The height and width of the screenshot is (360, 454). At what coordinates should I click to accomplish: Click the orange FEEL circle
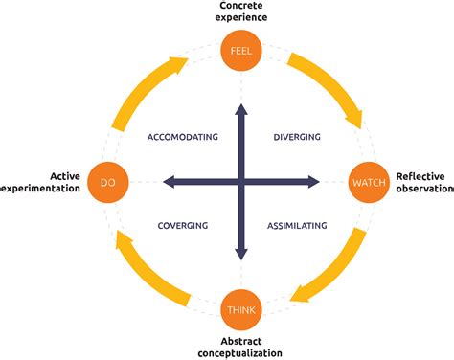(239, 50)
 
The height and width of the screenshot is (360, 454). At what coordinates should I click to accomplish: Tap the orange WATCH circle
(369, 181)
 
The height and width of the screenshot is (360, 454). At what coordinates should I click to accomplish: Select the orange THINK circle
(239, 311)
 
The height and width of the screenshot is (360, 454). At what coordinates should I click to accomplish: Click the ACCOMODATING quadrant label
(182, 137)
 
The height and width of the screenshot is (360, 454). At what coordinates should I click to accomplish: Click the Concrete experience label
(239, 12)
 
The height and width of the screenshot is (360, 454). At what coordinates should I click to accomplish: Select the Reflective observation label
(423, 181)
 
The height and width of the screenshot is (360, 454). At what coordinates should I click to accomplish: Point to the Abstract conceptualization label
(240, 348)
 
